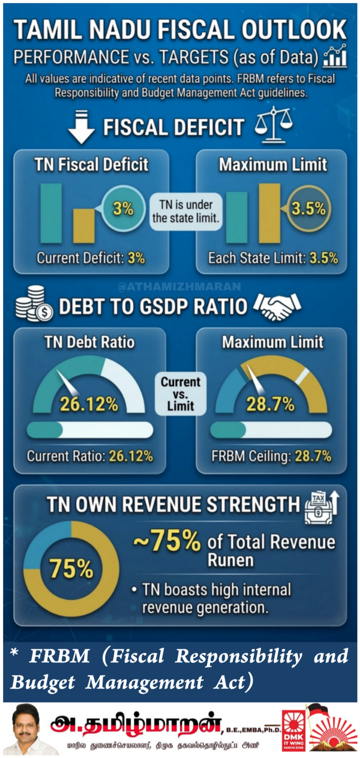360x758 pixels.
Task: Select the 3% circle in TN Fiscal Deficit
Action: click(122, 209)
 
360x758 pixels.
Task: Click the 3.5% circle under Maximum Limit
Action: click(308, 209)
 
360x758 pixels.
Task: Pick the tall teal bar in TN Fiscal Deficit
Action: click(51, 214)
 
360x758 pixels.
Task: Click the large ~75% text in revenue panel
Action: click(166, 542)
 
